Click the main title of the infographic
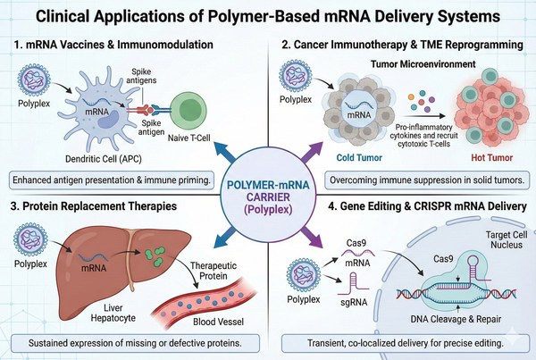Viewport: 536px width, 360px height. click(268, 15)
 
